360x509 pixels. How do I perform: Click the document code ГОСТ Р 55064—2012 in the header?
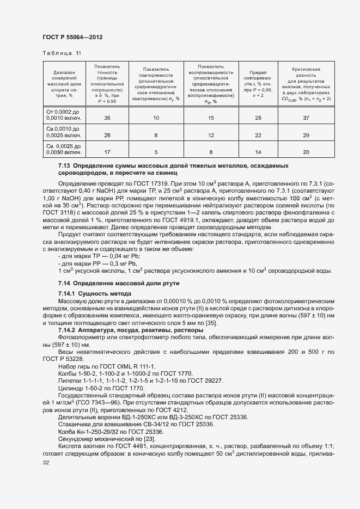(x=72, y=37)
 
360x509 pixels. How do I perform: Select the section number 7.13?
(x=64, y=165)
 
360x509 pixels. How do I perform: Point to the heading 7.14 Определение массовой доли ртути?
(x=119, y=284)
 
